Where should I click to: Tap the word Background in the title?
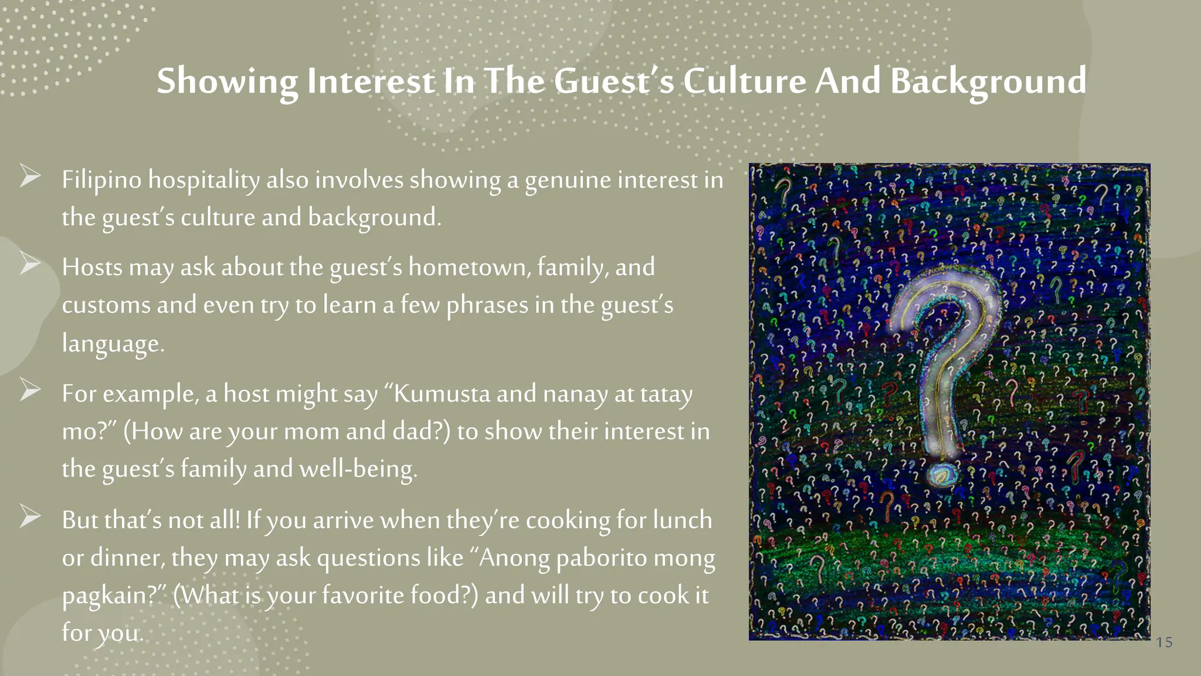coord(988,82)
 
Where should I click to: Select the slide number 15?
coord(1164,643)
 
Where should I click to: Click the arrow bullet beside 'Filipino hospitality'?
coord(30,175)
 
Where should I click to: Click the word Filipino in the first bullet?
coord(101,180)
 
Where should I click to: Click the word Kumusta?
coord(442,394)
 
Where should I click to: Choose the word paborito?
coord(601,558)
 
